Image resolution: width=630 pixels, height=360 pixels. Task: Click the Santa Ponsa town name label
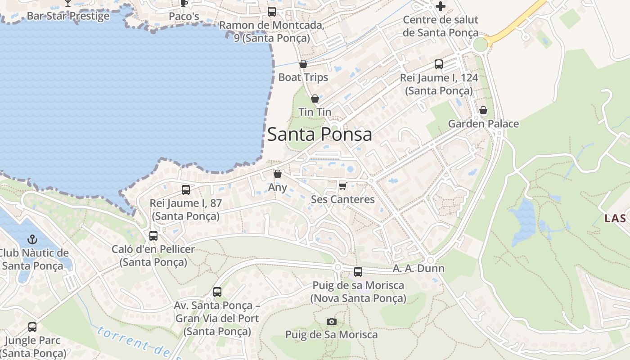pyautogui.click(x=319, y=135)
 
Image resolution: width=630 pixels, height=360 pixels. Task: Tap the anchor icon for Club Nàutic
pyautogui.click(x=32, y=239)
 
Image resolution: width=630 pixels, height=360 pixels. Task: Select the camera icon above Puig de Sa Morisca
pyautogui.click(x=332, y=321)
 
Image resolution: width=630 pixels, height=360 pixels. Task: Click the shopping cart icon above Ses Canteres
pyautogui.click(x=343, y=185)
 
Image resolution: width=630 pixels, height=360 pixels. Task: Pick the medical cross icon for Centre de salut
pyautogui.click(x=441, y=6)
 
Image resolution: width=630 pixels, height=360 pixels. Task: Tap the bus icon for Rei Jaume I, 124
pyautogui.click(x=439, y=64)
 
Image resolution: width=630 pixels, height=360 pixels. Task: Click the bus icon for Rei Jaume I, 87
pyautogui.click(x=186, y=190)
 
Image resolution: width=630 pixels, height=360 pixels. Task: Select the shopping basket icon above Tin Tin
pyautogui.click(x=315, y=98)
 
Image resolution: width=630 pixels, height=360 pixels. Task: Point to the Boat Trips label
pyautogui.click(x=303, y=77)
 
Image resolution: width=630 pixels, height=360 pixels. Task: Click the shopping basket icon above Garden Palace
pyautogui.click(x=483, y=110)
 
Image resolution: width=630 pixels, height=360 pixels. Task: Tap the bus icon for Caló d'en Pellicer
pyautogui.click(x=153, y=236)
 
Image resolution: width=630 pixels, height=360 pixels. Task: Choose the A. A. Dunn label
pyautogui.click(x=418, y=269)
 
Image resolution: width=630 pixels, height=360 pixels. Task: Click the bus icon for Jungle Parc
pyautogui.click(x=32, y=327)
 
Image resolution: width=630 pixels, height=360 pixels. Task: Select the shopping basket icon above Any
pyautogui.click(x=278, y=174)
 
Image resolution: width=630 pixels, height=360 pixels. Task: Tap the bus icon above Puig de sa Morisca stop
pyautogui.click(x=358, y=272)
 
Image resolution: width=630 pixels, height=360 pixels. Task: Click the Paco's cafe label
pyautogui.click(x=184, y=16)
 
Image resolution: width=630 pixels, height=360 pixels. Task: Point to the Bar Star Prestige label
pyautogui.click(x=68, y=16)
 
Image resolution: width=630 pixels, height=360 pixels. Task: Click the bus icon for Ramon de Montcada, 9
pyautogui.click(x=272, y=12)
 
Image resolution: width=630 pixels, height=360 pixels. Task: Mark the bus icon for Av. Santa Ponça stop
pyautogui.click(x=217, y=292)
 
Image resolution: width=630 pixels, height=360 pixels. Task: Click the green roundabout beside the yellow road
pyautogui.click(x=481, y=44)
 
